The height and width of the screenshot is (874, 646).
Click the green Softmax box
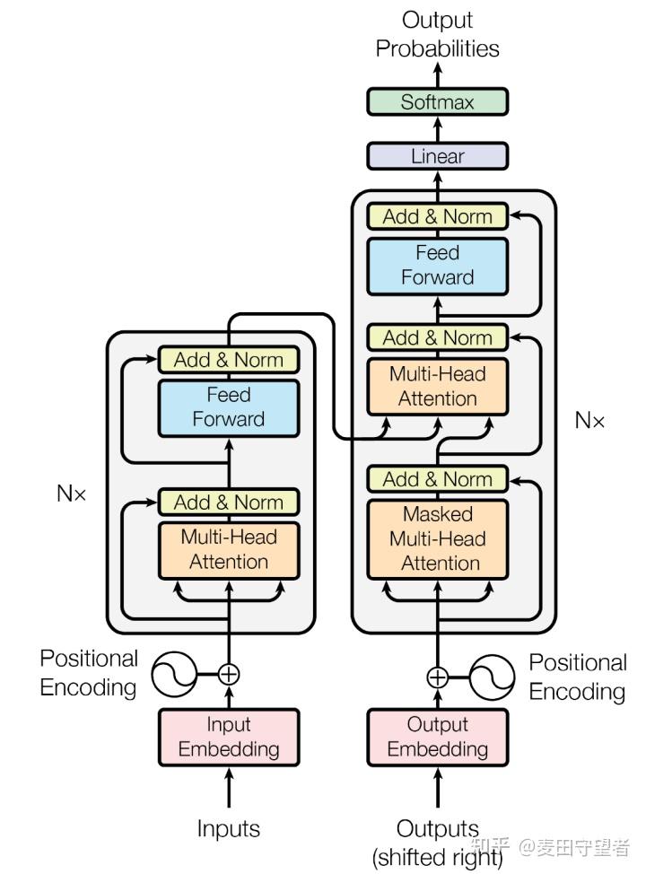pyautogui.click(x=437, y=102)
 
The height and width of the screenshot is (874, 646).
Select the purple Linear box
pyautogui.click(x=437, y=156)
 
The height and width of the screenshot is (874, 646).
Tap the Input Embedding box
pyautogui.click(x=229, y=737)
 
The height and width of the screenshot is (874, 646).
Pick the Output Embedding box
pyautogui.click(x=438, y=737)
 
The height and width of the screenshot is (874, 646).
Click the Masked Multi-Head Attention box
pyautogui.click(x=438, y=539)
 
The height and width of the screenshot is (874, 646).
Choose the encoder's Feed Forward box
pyautogui.click(x=229, y=407)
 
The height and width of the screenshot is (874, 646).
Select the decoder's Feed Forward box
pyautogui.click(x=438, y=266)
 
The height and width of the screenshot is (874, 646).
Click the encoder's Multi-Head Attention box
pyautogui.click(x=229, y=550)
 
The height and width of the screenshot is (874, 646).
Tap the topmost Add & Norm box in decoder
pyautogui.click(x=438, y=216)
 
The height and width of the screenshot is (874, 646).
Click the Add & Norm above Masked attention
pyautogui.click(x=438, y=479)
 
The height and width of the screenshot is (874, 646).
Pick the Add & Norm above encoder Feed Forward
pyautogui.click(x=229, y=360)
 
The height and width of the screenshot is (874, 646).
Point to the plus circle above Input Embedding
pyautogui.click(x=229, y=674)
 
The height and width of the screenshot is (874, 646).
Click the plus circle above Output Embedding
pyautogui.click(x=438, y=677)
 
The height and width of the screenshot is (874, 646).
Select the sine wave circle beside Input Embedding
pyautogui.click(x=174, y=674)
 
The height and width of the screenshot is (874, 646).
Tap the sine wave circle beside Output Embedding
pyautogui.click(x=492, y=677)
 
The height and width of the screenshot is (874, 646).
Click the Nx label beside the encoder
pyautogui.click(x=72, y=494)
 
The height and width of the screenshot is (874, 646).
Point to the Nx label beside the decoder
pyautogui.click(x=589, y=420)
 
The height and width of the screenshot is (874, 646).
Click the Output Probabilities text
pyautogui.click(x=438, y=34)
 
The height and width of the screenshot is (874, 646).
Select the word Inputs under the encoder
pyautogui.click(x=229, y=829)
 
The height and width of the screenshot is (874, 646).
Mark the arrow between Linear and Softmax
pyautogui.click(x=438, y=128)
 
